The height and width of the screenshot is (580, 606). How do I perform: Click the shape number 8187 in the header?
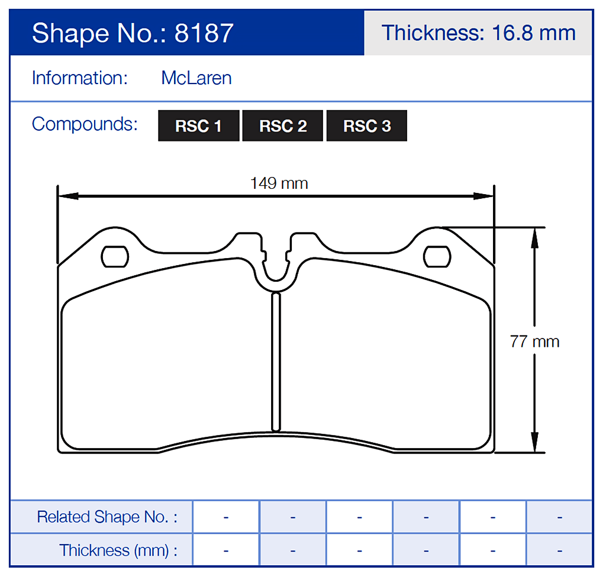point(204,34)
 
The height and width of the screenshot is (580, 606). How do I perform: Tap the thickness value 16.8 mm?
point(533,33)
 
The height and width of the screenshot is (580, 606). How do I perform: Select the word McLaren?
point(196,78)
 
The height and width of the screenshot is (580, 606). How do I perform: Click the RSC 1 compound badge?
point(198,126)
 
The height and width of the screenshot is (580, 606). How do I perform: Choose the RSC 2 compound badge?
point(283,126)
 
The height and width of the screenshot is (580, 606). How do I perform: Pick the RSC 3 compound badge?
point(367,126)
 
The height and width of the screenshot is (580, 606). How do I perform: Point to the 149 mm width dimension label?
point(279,183)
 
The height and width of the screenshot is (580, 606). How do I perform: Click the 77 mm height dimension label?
point(534,341)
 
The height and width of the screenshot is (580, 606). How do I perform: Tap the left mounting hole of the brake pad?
point(115,256)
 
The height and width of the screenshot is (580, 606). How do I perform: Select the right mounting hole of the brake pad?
point(438,256)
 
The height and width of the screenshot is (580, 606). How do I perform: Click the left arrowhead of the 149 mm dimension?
point(65,196)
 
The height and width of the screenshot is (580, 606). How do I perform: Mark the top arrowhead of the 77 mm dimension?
point(534,234)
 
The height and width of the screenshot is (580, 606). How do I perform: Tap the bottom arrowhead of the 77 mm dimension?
point(534,445)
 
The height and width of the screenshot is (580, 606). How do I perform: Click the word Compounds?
point(85,124)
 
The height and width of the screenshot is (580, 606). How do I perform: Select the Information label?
point(80,78)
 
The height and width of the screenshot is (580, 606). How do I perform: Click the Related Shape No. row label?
point(107,517)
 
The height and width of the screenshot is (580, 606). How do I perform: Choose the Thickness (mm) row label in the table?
point(118,550)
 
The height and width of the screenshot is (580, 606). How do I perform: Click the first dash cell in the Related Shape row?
point(226,517)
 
